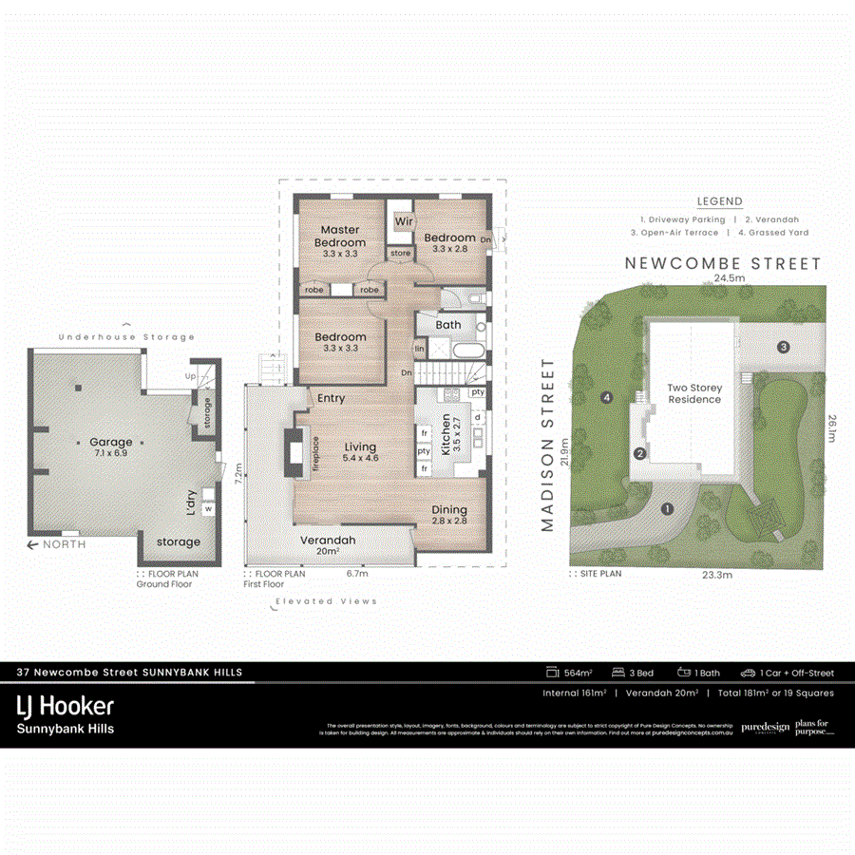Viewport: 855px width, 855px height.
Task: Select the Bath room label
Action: pos(448,325)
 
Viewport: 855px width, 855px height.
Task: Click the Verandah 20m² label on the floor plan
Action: pos(328,545)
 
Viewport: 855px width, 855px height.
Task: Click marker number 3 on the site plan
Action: pos(783,347)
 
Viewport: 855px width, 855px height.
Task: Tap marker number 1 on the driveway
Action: pos(667,509)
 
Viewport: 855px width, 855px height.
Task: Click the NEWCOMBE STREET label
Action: pos(721,263)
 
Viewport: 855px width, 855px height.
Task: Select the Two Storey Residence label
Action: pos(693,393)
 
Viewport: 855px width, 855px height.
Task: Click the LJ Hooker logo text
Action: pos(65,706)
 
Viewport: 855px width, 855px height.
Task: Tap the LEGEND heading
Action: pos(719,201)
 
